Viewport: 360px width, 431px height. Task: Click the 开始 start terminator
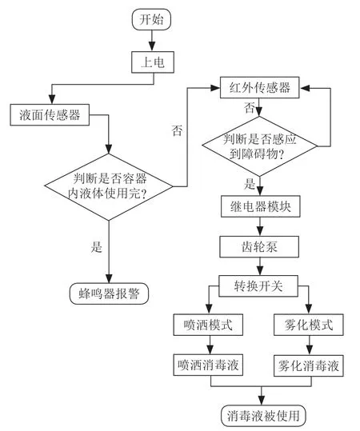pos(151,19)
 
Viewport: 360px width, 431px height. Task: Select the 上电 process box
pos(153,62)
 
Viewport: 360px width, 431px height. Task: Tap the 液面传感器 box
pos(50,114)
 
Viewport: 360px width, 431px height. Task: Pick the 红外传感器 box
pos(260,87)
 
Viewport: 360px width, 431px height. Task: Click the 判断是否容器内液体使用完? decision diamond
pos(109,186)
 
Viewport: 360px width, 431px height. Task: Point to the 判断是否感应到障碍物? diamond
pos(260,146)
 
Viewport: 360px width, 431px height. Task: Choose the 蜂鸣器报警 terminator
pos(109,293)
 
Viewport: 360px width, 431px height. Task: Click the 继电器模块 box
pos(261,206)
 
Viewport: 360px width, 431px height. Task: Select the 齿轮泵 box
pos(259,247)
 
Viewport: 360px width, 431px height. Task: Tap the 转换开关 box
pos(258,286)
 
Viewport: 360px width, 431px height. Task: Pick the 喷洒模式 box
pos(208,325)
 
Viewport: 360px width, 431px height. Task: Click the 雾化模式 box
pos(309,325)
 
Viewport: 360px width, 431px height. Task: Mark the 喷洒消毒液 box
pos(208,365)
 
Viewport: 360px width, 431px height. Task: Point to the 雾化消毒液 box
pos(309,365)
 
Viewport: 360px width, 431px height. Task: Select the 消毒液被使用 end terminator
pos(263,415)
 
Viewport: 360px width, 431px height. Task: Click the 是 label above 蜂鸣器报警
pos(97,246)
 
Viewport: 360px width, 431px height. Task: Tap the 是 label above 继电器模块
pos(249,184)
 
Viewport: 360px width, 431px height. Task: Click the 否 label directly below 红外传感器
pos(250,108)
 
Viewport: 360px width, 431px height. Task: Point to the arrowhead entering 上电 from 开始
pos(152,46)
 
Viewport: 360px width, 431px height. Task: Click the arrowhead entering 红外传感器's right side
pos(305,88)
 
